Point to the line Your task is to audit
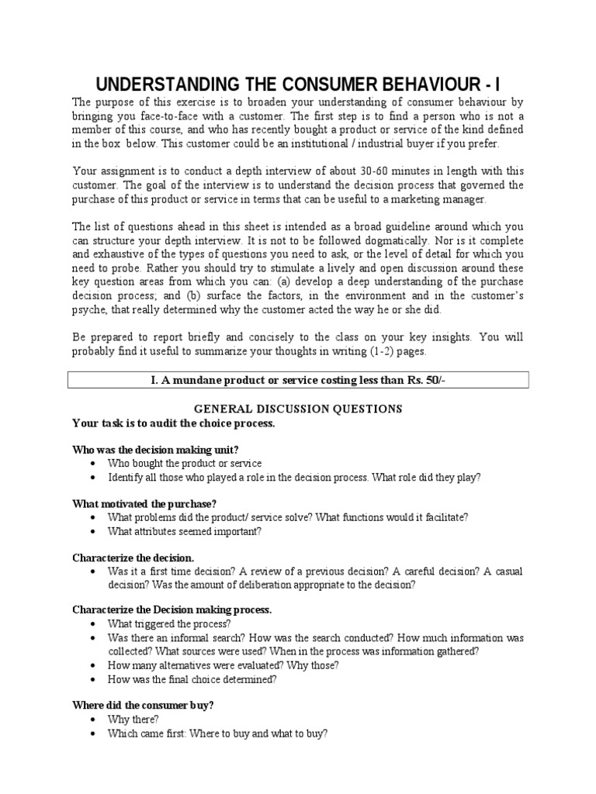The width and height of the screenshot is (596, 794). (x=173, y=423)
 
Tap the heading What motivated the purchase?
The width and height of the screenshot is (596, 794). (x=144, y=504)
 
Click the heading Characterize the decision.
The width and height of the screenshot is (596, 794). (x=133, y=558)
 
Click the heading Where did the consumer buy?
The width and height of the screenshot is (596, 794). (x=143, y=706)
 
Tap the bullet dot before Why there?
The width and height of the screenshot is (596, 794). (x=93, y=720)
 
